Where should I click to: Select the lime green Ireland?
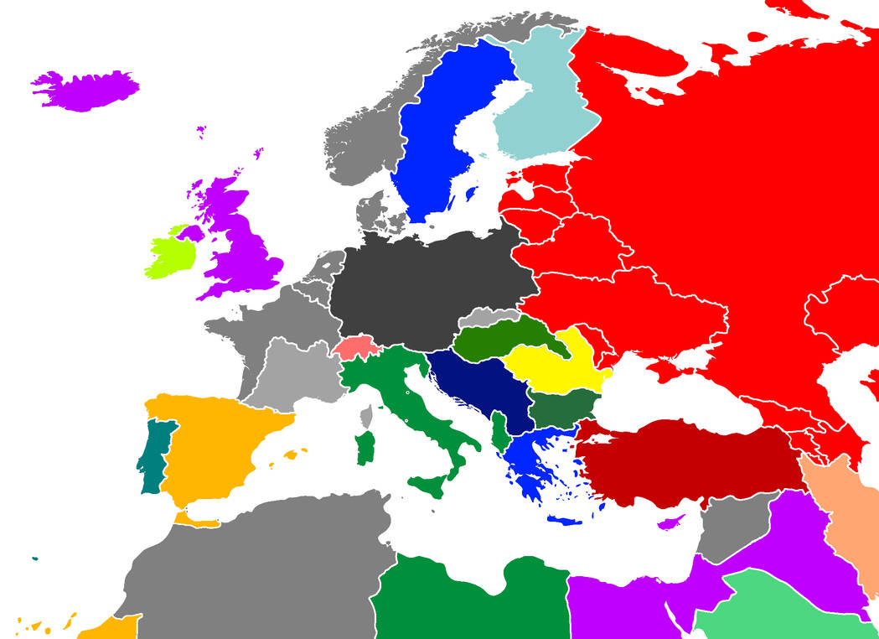click(170, 255)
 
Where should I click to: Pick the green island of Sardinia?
click(365, 447)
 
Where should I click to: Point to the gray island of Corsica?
click(367, 415)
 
